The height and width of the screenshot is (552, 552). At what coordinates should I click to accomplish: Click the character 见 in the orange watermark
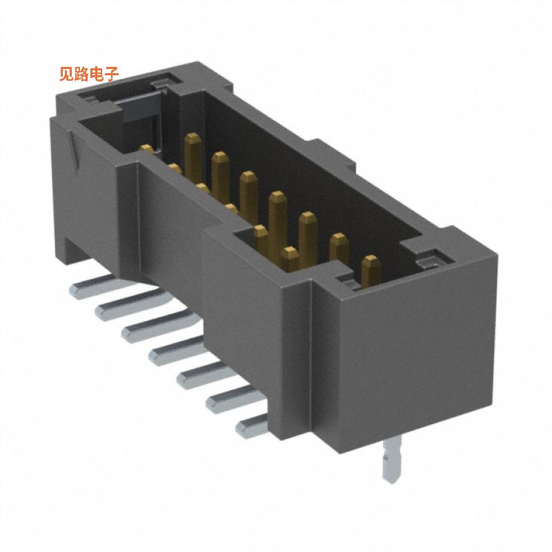point(67,74)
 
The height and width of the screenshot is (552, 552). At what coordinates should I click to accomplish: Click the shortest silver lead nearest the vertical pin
point(252,426)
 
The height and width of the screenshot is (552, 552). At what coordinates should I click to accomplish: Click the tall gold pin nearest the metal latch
point(192,152)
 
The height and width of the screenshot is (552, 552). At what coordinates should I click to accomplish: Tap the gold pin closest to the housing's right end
point(371,270)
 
